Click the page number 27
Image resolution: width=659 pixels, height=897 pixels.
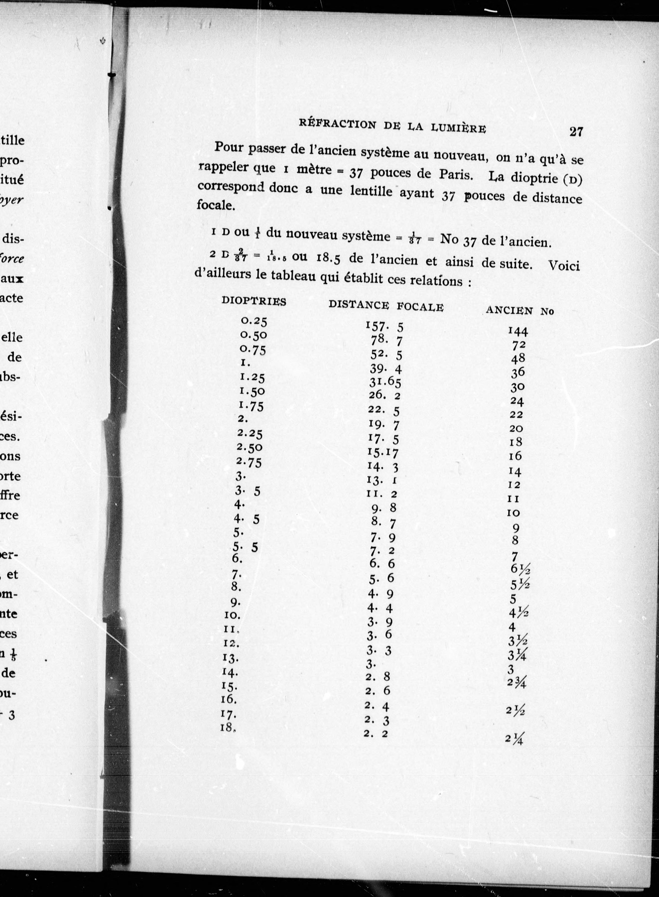576,132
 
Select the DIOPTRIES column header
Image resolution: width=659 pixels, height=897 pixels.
254,302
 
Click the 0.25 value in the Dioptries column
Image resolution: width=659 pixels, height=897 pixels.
254,321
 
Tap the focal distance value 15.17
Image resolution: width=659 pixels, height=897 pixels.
383,453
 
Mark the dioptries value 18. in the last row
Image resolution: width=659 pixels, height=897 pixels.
227,727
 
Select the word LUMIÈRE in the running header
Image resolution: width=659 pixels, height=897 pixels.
459,128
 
